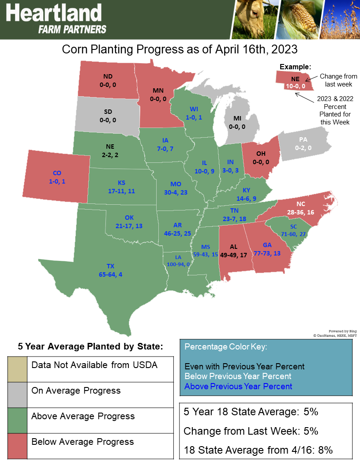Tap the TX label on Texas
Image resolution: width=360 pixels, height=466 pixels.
click(111, 266)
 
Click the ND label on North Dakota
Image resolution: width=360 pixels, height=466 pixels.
click(108, 75)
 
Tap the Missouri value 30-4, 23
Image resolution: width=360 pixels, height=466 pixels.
click(175, 192)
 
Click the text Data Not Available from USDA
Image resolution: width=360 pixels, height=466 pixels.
click(94, 365)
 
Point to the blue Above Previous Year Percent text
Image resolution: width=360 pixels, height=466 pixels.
click(238, 387)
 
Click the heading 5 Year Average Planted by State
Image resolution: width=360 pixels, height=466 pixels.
click(90, 346)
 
